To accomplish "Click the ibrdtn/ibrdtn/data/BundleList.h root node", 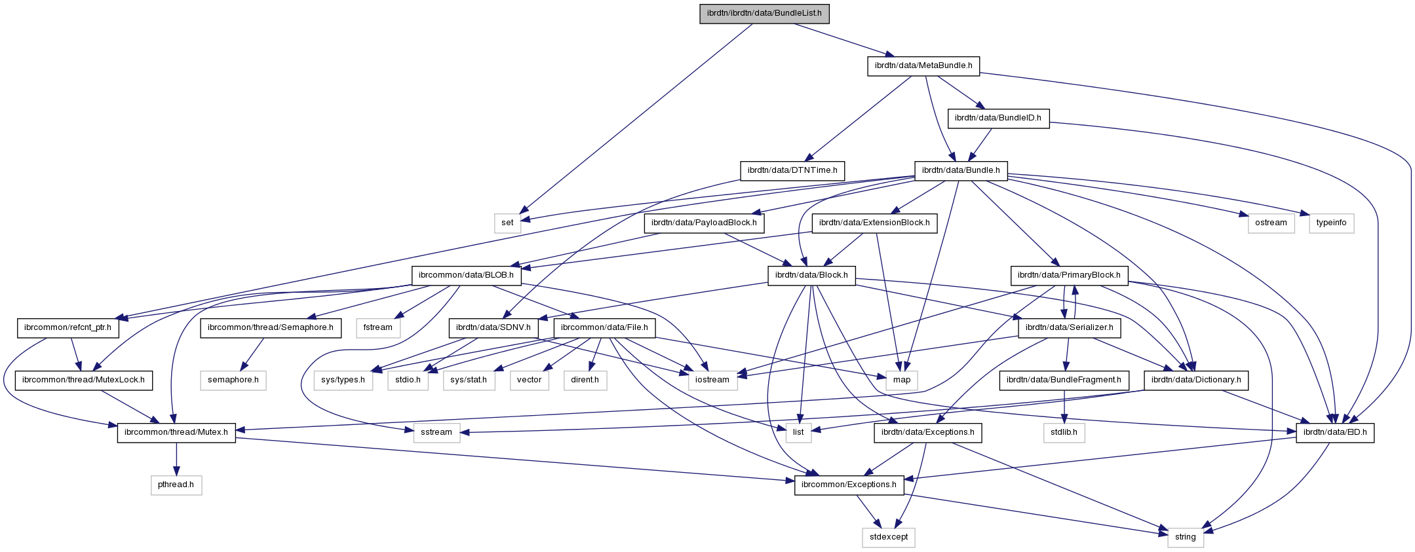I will click(764, 13).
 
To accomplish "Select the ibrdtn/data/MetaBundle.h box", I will click(923, 65).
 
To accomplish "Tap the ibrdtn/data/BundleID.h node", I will click(998, 118).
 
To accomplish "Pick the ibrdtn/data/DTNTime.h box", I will click(792, 170).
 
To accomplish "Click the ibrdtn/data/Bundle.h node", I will click(961, 170).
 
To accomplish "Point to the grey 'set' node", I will click(508, 223).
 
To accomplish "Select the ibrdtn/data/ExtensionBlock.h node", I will click(874, 223).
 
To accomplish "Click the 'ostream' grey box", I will click(1271, 223).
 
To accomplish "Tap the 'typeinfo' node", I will click(1331, 223).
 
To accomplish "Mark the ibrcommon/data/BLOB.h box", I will click(467, 275).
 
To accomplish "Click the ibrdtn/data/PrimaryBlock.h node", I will click(1070, 275).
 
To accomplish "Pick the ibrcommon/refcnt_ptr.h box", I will click(68, 327).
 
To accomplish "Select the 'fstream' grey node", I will click(378, 327).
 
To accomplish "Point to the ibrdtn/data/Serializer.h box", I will click(1069, 327).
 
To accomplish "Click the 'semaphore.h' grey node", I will click(233, 380).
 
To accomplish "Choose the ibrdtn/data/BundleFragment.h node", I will click(1064, 380).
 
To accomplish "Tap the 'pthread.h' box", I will click(176, 485).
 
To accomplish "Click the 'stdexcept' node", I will click(888, 538).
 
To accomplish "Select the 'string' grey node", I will click(1186, 538).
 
